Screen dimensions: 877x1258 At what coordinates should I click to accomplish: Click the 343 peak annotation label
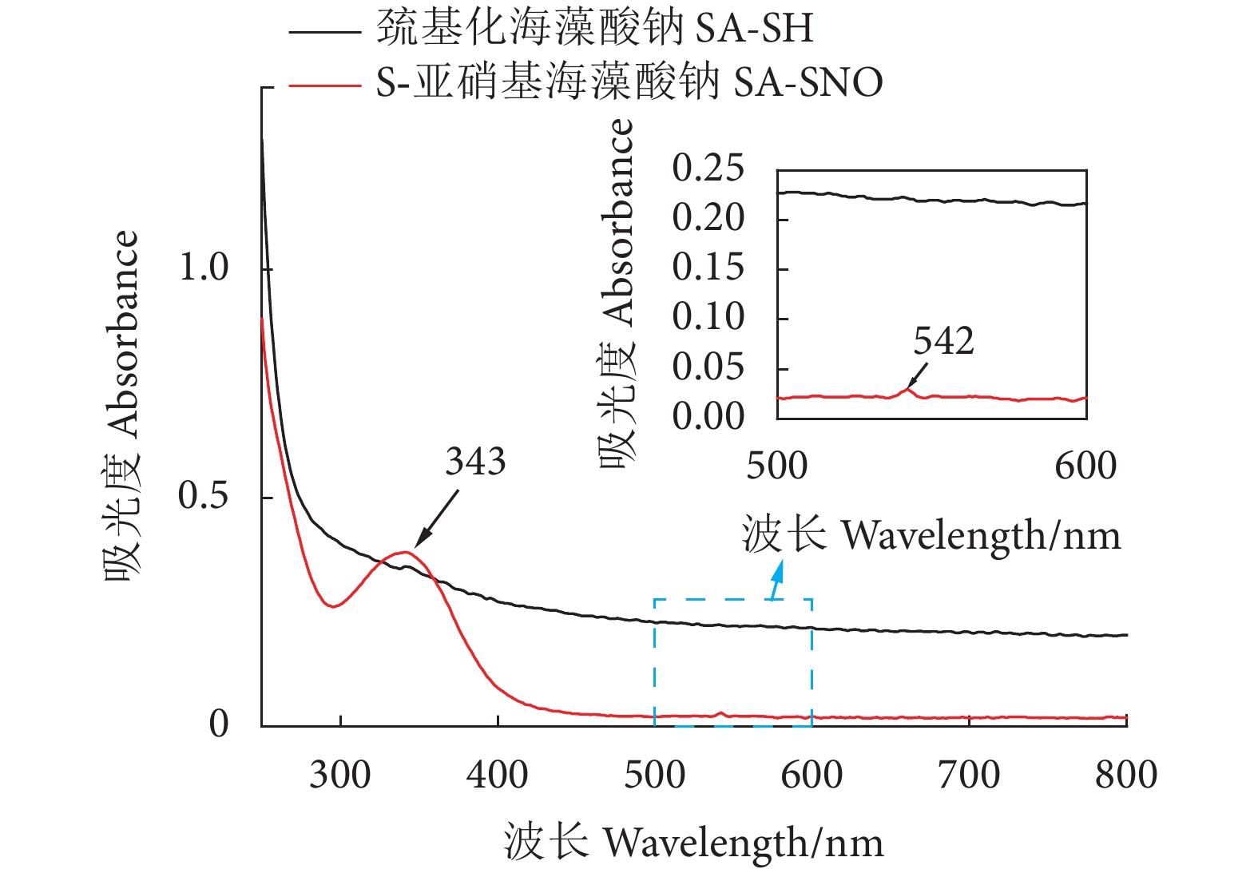(475, 462)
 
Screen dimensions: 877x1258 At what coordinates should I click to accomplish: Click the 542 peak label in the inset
(943, 342)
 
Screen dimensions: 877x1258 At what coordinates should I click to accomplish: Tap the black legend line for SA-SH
(324, 33)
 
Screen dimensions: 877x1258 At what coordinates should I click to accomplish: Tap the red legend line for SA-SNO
(324, 84)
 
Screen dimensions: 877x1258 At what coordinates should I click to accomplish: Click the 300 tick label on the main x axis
(340, 775)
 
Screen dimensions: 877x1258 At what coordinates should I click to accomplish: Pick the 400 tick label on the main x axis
(497, 775)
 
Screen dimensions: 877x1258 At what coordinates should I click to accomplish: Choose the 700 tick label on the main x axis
(969, 775)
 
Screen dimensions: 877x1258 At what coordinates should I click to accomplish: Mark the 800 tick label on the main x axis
(1126, 775)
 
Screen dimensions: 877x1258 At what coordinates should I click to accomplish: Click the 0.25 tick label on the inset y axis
(708, 169)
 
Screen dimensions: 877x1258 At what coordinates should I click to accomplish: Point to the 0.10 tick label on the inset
(708, 317)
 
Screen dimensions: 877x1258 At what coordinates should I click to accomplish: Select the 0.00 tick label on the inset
(708, 416)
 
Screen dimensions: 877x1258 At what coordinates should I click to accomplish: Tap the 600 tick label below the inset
(1085, 466)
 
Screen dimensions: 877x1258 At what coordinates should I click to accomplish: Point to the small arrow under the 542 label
(918, 375)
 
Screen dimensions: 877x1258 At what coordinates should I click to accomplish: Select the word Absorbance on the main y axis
(122, 334)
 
